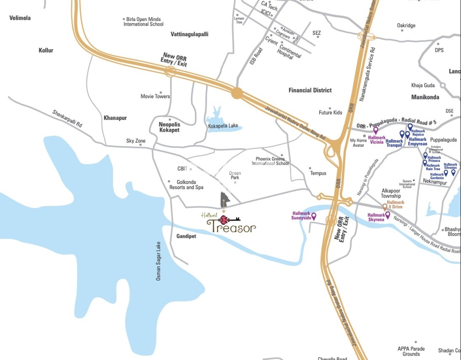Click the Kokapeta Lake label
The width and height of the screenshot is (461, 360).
pos(223,125)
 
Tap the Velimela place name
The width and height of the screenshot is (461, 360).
pos(20,18)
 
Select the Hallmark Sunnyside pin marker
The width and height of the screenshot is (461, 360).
pos(314,216)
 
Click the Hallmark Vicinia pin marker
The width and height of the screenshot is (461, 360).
pos(376,131)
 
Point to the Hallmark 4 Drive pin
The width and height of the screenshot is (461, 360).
pos(384,207)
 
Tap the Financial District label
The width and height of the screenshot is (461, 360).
pos(310,90)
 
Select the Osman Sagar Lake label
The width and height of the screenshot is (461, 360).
pos(159,261)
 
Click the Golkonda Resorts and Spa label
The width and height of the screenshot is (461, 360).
pos(186,185)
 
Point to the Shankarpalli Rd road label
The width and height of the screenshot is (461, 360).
pos(67,119)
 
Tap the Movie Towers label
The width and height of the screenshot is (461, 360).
pos(155,96)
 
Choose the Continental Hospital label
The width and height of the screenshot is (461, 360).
pos(289,53)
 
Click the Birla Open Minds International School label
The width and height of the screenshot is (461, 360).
pos(143,22)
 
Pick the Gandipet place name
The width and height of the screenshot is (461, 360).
pos(183,236)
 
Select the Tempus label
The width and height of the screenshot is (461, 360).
pos(318,173)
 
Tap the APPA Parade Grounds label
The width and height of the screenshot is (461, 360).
pos(411,351)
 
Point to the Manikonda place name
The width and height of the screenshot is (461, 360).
pos(425,97)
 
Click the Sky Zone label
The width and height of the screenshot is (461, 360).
pos(136,141)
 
